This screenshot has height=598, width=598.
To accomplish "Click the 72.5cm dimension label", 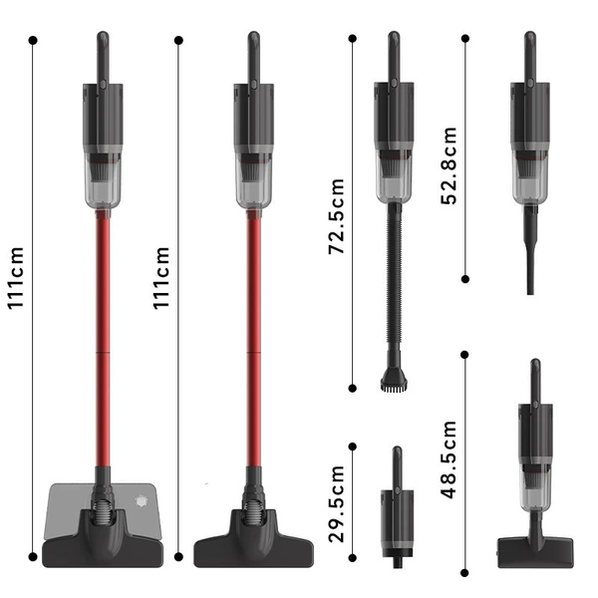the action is click(x=337, y=216).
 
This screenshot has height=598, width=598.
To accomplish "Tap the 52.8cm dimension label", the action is click(x=448, y=165).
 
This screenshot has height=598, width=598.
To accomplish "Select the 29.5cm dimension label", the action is click(x=337, y=503).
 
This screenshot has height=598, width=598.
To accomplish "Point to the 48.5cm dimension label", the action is click(x=448, y=459).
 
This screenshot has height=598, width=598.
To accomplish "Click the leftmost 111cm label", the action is click(x=16, y=278).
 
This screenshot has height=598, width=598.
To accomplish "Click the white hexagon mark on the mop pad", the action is click(x=142, y=500).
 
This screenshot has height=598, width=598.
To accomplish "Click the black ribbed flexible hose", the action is click(x=394, y=275).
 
